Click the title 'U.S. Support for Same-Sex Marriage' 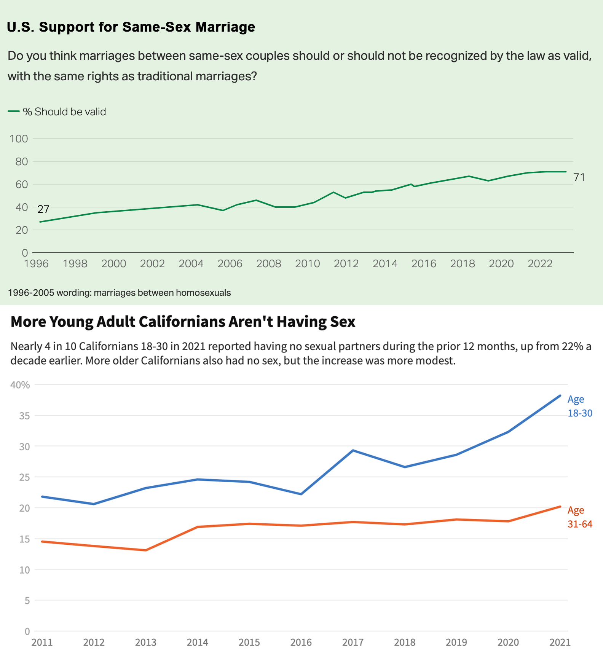[131, 27]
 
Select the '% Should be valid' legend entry [57, 112]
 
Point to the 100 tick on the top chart [19, 139]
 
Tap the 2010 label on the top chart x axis [307, 263]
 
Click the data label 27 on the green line [43, 209]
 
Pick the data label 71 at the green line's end [579, 177]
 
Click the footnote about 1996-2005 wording [119, 293]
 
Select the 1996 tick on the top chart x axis [36, 263]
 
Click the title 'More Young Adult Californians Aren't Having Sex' [183, 322]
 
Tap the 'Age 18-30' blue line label [579, 406]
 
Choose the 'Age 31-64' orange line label [579, 517]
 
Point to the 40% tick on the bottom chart [20, 385]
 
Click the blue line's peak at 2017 [353, 450]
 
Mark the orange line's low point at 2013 [146, 550]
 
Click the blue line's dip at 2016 [301, 494]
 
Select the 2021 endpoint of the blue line [560, 395]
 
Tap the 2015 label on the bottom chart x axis [249, 643]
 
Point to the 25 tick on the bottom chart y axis [24, 477]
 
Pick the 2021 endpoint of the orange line [560, 506]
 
